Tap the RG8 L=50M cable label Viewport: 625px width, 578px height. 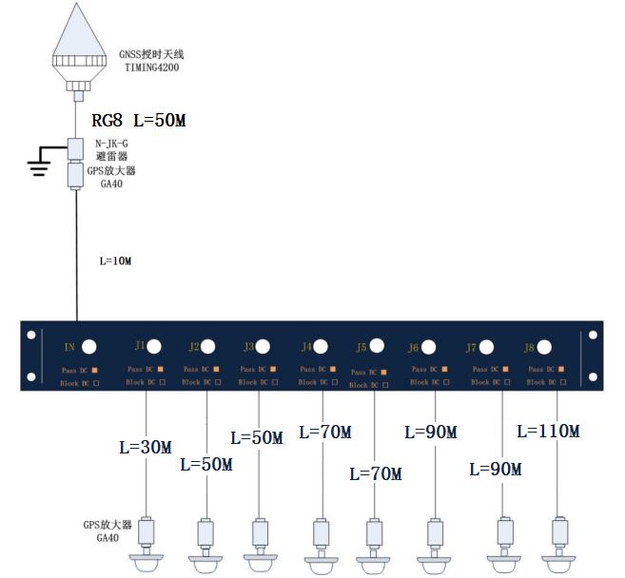click(138, 121)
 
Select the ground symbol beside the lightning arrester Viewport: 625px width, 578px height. click(39, 166)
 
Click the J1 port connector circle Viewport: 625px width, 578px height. click(156, 345)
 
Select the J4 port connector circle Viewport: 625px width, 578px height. click(322, 346)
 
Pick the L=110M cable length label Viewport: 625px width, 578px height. click(548, 431)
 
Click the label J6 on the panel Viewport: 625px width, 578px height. click(413, 347)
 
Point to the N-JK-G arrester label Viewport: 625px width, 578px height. click(113, 144)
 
